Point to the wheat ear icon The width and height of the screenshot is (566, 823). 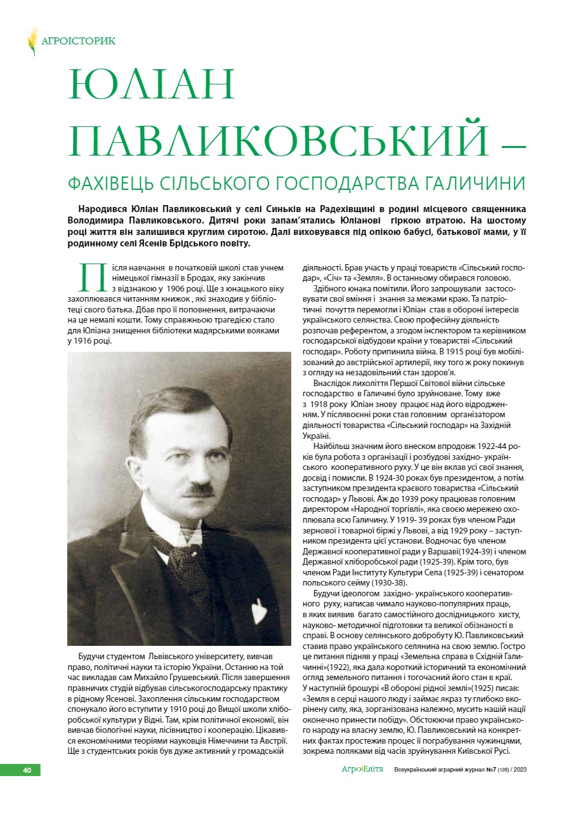(32, 41)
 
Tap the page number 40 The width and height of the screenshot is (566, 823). (27, 770)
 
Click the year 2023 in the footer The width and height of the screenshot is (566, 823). (520, 770)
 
